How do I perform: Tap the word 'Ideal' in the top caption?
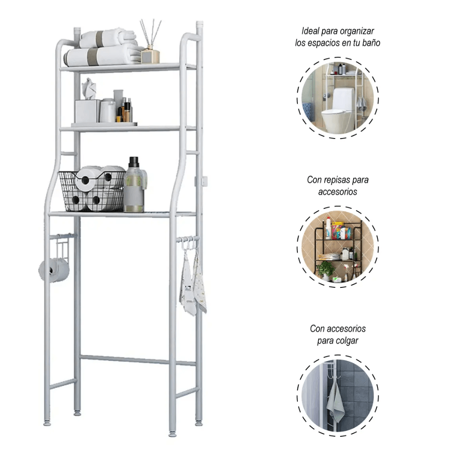pos(311,31)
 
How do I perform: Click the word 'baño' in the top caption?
pos(370,43)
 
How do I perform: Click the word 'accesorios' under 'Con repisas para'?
pos(337,192)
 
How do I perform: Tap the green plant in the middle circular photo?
pos(326,269)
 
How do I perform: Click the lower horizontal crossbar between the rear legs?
pos(136,360)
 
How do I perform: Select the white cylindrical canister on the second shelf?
pos(108,111)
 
